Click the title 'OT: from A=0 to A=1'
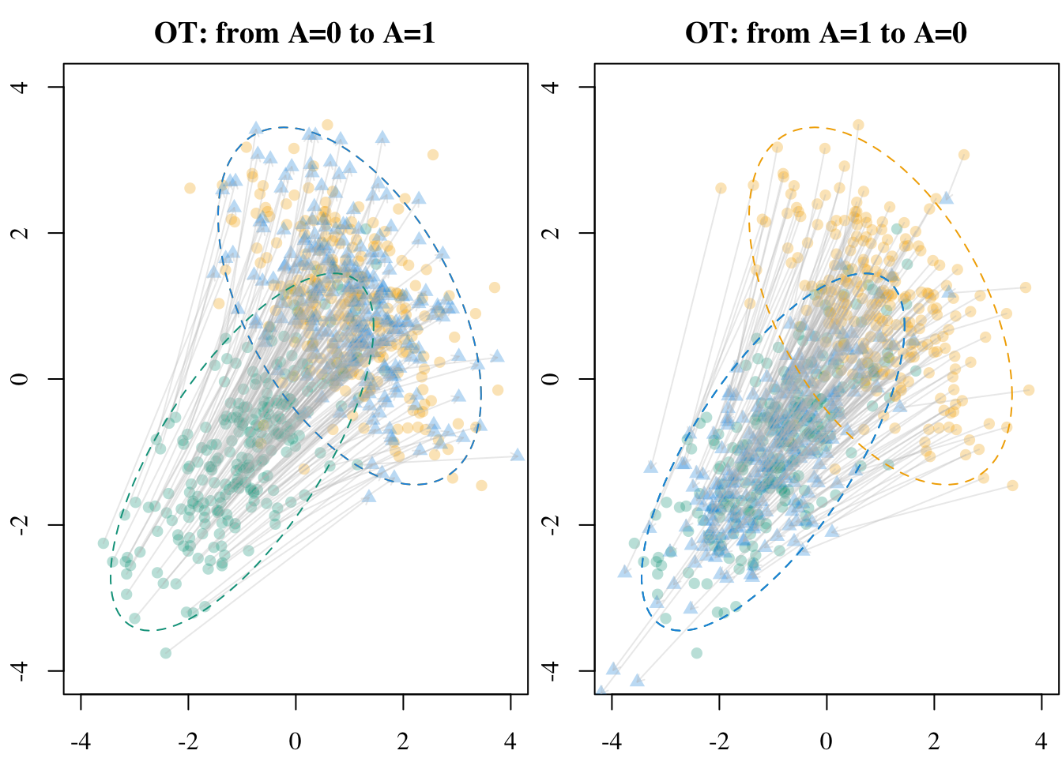pos(295,33)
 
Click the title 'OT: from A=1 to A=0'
pos(826,33)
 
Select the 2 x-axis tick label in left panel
pos(403,741)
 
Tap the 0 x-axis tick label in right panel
pos(827,741)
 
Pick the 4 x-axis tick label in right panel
pos(1041,741)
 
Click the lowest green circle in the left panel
pos(165,653)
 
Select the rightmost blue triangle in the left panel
pos(518,455)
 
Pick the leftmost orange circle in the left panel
pos(190,188)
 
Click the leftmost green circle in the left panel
pos(103,543)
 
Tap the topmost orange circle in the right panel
pos(858,125)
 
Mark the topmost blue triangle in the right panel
pos(947,197)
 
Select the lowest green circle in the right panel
pos(696,653)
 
